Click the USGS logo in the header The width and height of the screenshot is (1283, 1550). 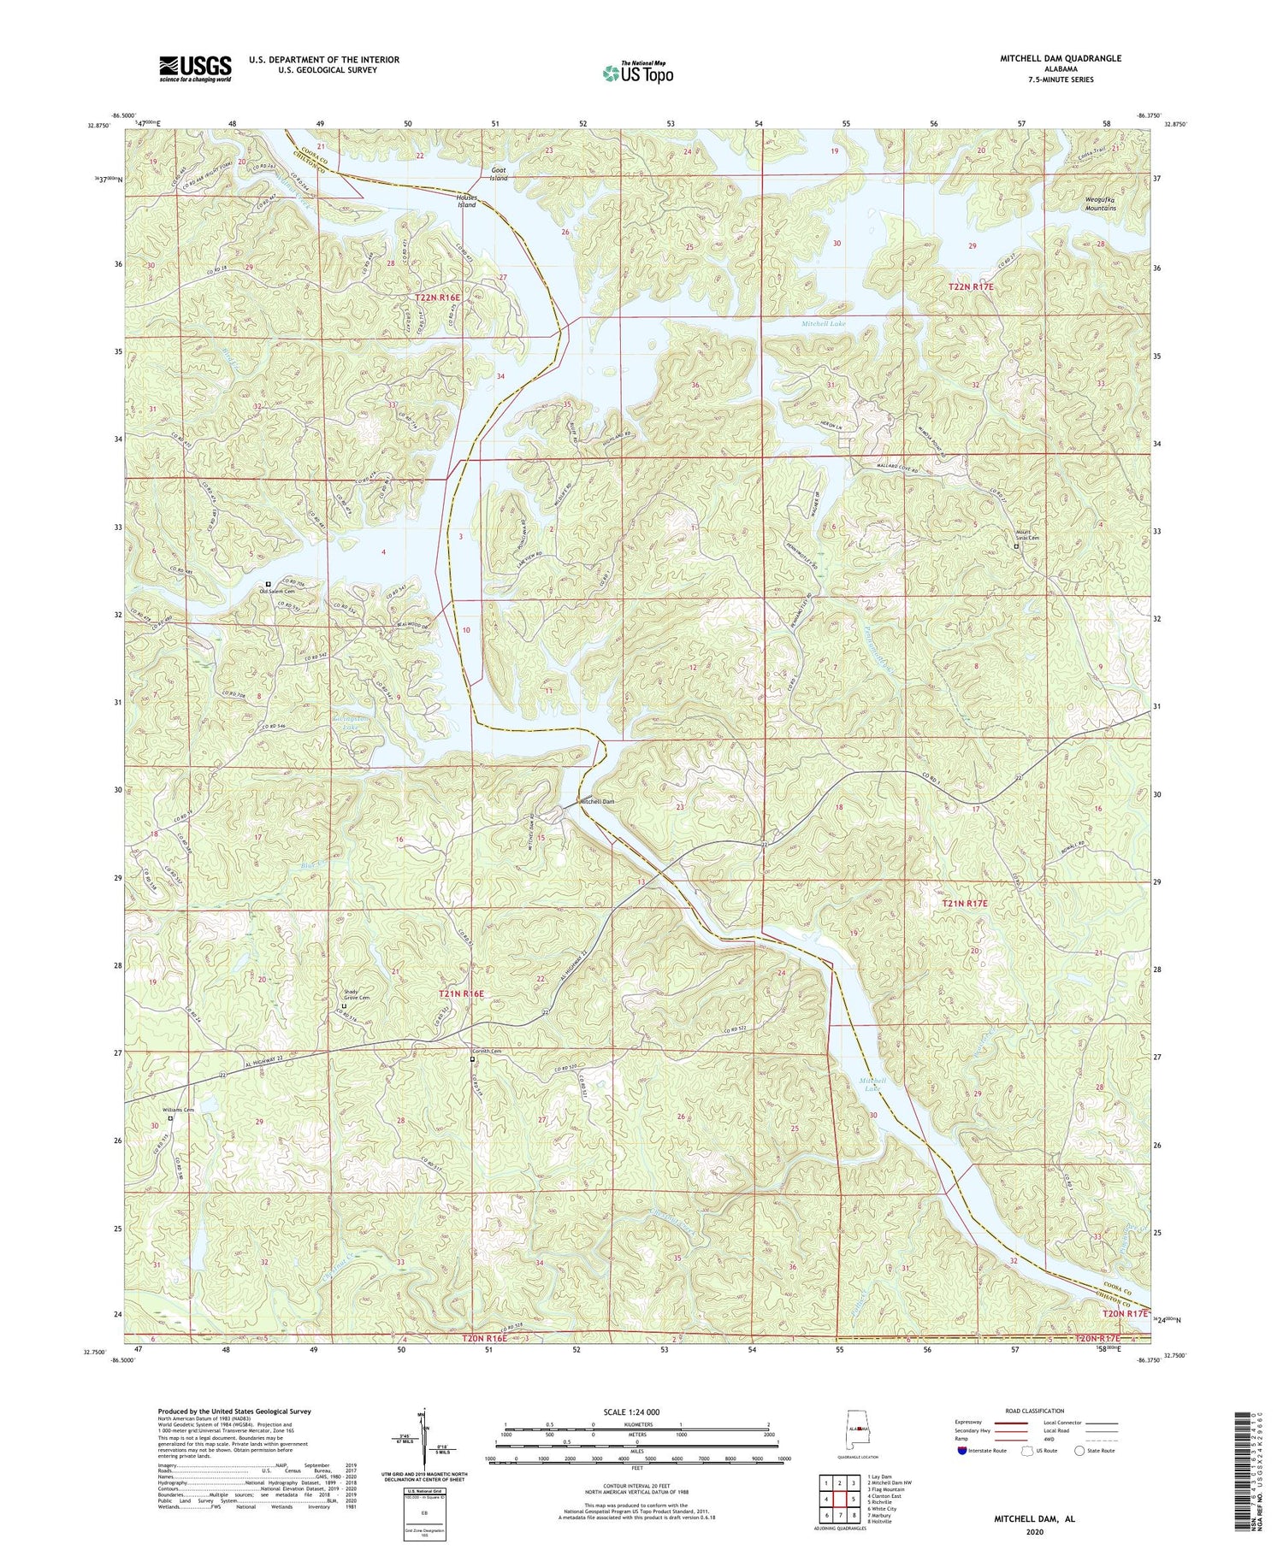(195, 68)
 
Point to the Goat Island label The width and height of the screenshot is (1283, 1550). (498, 174)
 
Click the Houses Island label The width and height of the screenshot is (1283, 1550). (466, 201)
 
